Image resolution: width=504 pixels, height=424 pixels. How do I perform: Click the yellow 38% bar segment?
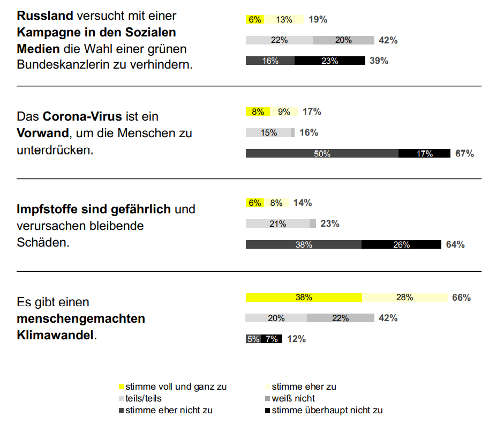click(x=304, y=297)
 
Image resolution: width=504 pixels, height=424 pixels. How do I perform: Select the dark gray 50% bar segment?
click(x=322, y=154)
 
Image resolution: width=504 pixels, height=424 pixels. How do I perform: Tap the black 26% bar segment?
click(x=401, y=244)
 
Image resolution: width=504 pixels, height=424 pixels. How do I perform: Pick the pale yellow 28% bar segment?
click(x=405, y=297)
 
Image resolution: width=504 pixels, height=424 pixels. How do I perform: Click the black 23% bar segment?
click(x=329, y=61)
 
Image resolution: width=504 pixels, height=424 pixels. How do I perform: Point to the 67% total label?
click(x=464, y=154)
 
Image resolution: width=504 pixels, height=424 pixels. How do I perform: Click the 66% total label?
click(x=461, y=297)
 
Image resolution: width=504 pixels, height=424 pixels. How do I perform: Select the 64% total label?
click(x=455, y=244)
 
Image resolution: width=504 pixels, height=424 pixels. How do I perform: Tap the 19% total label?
click(x=318, y=20)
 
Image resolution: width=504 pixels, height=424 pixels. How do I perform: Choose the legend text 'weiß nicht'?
click(x=294, y=398)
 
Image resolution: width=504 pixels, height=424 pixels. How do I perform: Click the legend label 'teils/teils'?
click(x=144, y=398)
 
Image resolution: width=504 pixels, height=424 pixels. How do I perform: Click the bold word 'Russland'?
click(x=44, y=16)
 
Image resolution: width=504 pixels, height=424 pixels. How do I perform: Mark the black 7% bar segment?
click(x=272, y=339)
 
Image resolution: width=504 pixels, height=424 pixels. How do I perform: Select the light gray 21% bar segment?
click(x=277, y=224)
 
